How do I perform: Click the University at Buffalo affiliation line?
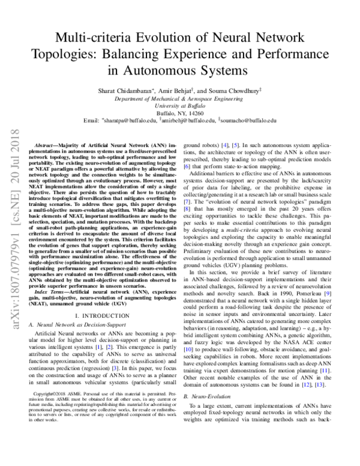pyautogui.click(x=179, y=104)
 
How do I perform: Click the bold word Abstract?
pyautogui.click(x=48, y=146)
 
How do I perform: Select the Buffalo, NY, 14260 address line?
pyautogui.click(x=179, y=112)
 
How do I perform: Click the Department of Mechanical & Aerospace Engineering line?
pyautogui.click(x=179, y=97)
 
